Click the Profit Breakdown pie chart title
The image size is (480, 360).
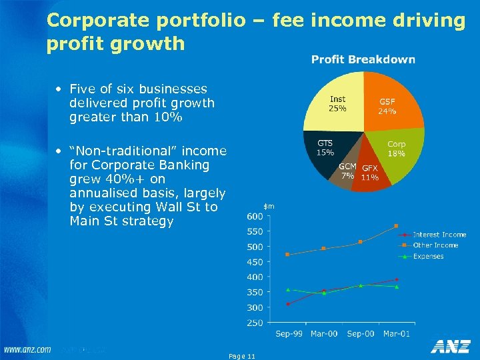[363, 60]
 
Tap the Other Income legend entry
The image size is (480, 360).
[435, 245]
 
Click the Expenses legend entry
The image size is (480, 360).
[429, 256]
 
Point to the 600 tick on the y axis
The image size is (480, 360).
[254, 217]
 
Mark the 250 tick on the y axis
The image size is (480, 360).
[254, 323]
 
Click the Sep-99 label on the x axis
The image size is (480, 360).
[288, 333]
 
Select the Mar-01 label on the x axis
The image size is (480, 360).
[396, 333]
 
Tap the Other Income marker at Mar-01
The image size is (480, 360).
[396, 226]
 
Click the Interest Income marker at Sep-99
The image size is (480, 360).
[288, 304]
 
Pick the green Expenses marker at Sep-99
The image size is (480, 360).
[288, 289]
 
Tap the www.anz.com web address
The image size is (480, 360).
[27, 349]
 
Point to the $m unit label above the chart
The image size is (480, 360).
[269, 207]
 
